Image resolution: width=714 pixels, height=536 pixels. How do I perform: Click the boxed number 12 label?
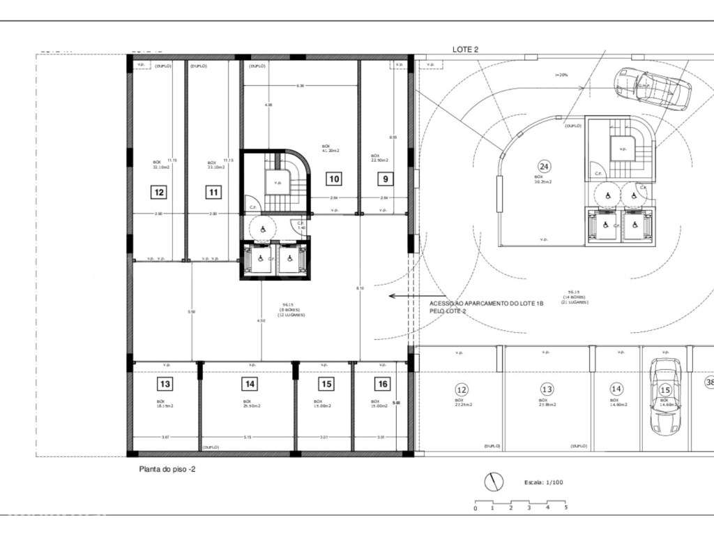pyautogui.click(x=159, y=192)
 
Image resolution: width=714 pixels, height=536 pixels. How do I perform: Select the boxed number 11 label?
pyautogui.click(x=213, y=192)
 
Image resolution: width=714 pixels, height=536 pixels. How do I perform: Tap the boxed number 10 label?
pyautogui.click(x=334, y=179)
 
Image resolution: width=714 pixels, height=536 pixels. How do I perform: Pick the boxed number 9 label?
pyautogui.click(x=384, y=179)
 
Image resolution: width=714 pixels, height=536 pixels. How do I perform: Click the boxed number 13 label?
pyautogui.click(x=165, y=384)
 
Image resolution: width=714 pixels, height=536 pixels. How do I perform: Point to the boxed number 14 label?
pyautogui.click(x=250, y=384)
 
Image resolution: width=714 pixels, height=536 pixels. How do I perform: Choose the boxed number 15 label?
pyautogui.click(x=326, y=384)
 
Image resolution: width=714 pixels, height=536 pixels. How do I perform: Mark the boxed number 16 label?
pyautogui.click(x=381, y=384)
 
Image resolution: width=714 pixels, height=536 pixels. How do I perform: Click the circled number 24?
pyautogui.click(x=544, y=166)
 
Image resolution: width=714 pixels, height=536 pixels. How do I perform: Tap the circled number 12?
pyautogui.click(x=461, y=389)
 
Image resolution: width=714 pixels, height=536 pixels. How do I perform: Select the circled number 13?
pyautogui.click(x=547, y=389)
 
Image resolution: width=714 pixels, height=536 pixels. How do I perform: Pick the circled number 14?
pyautogui.click(x=616, y=389)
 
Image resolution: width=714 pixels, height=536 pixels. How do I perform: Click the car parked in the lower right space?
pyautogui.click(x=664, y=396)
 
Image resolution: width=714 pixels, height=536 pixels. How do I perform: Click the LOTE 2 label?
pyautogui.click(x=465, y=50)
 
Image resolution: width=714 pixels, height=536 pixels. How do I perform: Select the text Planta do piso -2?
pyautogui.click(x=167, y=470)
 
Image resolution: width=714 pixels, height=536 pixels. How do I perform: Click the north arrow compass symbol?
pyautogui.click(x=494, y=481)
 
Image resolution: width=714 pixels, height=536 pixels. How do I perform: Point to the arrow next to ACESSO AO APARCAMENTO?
pyautogui.click(x=403, y=296)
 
